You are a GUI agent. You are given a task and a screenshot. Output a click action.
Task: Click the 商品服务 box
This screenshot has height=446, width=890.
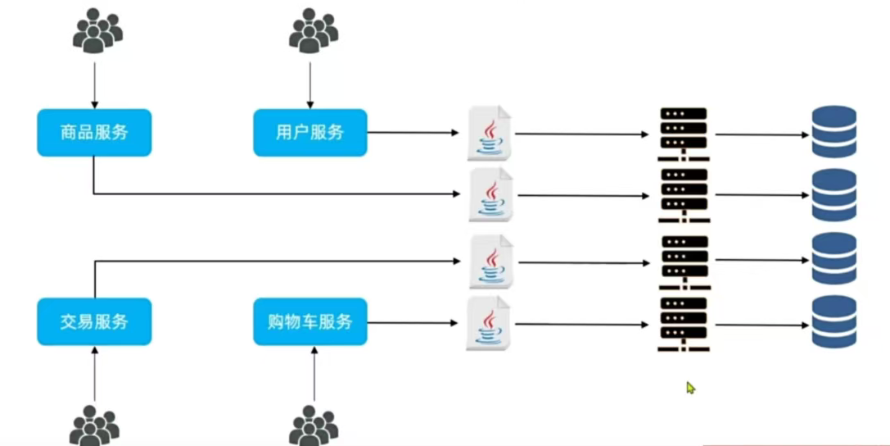tap(94, 132)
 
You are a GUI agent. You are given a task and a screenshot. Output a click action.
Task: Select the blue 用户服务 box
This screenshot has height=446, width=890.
tap(310, 132)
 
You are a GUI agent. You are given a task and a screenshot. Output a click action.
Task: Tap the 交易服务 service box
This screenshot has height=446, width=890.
tap(94, 321)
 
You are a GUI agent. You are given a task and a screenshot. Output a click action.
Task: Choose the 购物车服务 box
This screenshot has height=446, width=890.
tap(310, 321)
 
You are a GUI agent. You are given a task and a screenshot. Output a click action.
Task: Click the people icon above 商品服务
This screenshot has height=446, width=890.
tap(97, 30)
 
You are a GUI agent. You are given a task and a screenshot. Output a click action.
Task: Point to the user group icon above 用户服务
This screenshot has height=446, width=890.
tap(314, 30)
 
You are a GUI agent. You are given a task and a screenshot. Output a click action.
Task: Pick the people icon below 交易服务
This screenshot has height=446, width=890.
tap(94, 426)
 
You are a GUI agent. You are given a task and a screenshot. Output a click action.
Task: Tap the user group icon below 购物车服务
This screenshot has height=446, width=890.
tap(314, 426)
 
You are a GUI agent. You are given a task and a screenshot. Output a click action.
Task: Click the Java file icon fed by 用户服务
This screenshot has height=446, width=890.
tap(490, 133)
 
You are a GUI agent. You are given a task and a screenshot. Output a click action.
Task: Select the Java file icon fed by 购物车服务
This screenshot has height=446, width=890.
tap(488, 323)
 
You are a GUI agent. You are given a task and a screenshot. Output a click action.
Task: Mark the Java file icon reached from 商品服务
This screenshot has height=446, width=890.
tap(491, 195)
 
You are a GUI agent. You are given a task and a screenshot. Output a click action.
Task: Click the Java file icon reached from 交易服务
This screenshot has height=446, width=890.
tap(491, 262)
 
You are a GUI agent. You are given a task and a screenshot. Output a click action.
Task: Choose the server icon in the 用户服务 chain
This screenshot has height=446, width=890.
tap(684, 134)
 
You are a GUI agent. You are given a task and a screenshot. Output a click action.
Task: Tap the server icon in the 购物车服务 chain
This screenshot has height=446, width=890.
tap(684, 325)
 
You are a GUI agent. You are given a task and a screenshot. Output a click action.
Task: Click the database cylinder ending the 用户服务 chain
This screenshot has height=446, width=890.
tap(834, 132)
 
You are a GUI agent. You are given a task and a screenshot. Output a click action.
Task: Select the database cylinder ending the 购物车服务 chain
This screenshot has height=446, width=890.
tap(834, 321)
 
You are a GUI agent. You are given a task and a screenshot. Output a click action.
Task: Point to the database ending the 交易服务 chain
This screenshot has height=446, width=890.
tap(834, 258)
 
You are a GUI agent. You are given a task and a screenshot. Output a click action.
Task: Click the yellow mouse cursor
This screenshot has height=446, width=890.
tap(690, 388)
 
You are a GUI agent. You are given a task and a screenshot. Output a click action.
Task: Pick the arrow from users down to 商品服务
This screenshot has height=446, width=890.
tap(95, 85)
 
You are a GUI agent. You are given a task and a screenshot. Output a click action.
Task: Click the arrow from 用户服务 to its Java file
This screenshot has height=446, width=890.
tap(413, 133)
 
